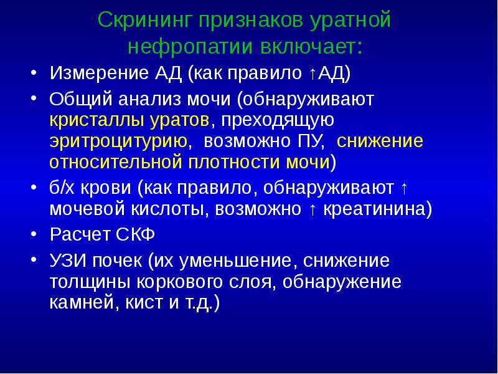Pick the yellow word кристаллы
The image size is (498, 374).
click(86, 120)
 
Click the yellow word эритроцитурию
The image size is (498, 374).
click(120, 141)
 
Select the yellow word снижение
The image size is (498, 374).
click(380, 141)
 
